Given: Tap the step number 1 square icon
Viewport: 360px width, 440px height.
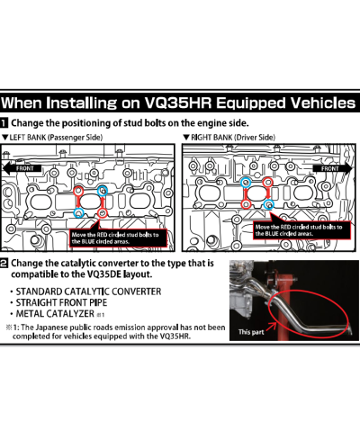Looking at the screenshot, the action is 4,123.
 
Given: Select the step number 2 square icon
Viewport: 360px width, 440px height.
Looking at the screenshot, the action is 4,264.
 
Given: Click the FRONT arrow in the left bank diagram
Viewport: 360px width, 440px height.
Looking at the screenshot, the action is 22,168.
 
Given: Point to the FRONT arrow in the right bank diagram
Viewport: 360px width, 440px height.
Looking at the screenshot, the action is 332,168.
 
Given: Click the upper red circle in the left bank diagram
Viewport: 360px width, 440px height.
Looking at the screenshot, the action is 78,191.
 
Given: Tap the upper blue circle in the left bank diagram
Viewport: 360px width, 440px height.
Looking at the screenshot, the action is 103,190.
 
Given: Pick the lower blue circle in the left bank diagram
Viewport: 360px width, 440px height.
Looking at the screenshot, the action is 78,212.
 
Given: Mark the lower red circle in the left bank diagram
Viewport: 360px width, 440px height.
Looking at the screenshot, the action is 103,212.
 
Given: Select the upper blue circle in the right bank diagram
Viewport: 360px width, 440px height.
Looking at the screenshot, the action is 246,183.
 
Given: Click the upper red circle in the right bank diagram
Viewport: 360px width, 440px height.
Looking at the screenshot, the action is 268,183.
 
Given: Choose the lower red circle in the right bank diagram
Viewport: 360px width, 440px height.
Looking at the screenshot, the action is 246,204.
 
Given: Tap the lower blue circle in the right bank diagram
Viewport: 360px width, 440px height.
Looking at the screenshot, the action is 268,204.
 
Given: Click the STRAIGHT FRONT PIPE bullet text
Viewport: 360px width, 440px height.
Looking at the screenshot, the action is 61,302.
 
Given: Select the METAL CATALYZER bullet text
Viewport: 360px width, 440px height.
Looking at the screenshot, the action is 55,314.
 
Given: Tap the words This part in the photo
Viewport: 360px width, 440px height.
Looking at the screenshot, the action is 251,332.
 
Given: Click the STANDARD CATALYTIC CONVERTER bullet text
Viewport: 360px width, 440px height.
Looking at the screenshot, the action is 88,292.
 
